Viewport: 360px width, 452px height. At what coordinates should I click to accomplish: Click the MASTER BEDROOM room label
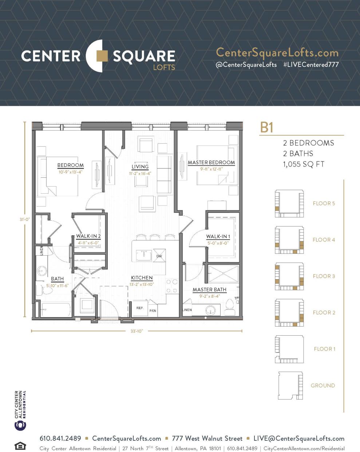pyautogui.click(x=211, y=163)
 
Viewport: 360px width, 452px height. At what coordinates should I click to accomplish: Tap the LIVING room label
pyautogui.click(x=140, y=167)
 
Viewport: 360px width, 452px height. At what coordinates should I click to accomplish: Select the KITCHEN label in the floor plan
pyautogui.click(x=142, y=278)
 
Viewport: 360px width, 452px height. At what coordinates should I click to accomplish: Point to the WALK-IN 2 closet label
pyautogui.click(x=88, y=236)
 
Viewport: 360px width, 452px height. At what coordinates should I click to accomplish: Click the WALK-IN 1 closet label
pyautogui.click(x=218, y=236)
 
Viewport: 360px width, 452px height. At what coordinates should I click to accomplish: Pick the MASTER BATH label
pyautogui.click(x=209, y=290)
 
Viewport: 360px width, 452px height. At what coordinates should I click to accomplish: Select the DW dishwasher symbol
pyautogui.click(x=159, y=256)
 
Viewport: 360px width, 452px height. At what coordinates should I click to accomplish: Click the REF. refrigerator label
pyautogui.click(x=140, y=308)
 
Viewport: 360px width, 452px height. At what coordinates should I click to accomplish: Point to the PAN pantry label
pyautogui.click(x=153, y=311)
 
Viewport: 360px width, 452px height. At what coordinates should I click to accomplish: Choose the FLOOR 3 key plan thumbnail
pyautogui.click(x=289, y=276)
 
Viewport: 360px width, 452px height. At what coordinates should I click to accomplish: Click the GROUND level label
pyautogui.click(x=323, y=385)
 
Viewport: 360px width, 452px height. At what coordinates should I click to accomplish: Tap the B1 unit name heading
pyautogui.click(x=266, y=128)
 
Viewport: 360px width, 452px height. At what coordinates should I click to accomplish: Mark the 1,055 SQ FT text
pyautogui.click(x=303, y=164)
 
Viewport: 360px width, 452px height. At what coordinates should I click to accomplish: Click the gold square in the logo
pyautogui.click(x=102, y=56)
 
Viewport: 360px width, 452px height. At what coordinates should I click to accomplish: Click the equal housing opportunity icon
pyautogui.click(x=20, y=445)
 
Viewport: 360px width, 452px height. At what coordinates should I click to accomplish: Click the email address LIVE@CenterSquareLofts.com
pyautogui.click(x=298, y=439)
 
